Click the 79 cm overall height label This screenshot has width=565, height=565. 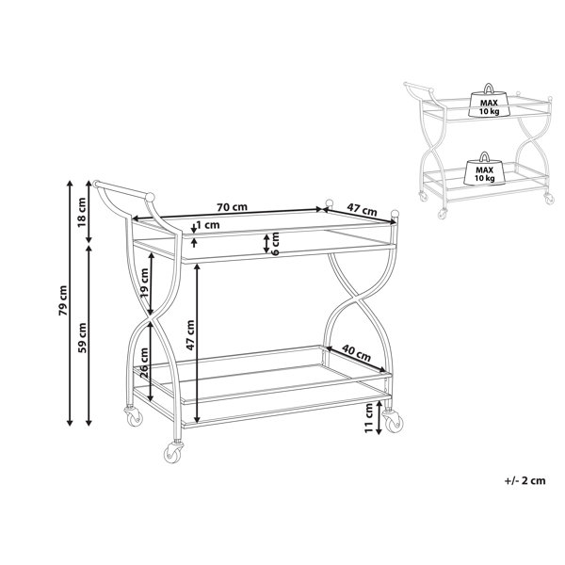click(x=63, y=300)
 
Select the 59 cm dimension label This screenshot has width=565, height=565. click(x=82, y=338)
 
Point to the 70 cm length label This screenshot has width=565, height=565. click(x=232, y=207)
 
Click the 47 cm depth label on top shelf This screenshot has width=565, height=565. click(x=362, y=210)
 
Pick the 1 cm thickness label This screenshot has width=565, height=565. click(x=208, y=225)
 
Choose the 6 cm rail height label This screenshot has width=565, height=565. click(x=275, y=244)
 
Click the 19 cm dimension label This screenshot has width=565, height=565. click(x=144, y=282)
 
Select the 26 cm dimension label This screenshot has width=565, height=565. click(x=144, y=362)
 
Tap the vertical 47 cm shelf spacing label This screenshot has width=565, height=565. click(x=190, y=334)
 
